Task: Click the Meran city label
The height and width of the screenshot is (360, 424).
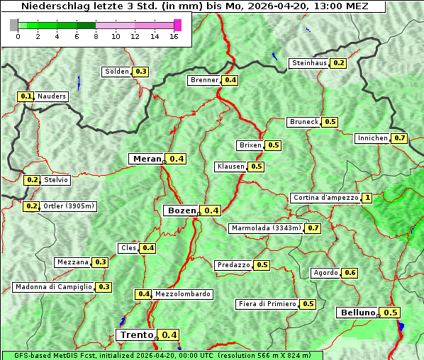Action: click(147, 159)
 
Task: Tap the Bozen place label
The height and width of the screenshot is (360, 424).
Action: click(182, 210)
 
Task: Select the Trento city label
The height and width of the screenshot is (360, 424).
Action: click(136, 335)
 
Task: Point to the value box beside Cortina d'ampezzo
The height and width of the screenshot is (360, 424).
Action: click(367, 198)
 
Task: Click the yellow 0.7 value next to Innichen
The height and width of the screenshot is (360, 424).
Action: click(400, 138)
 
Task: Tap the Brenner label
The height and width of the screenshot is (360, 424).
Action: click(205, 80)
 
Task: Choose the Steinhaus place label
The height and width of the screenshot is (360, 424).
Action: click(309, 63)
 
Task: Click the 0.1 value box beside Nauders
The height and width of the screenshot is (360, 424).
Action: click(26, 96)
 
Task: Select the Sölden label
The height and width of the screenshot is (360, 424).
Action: click(117, 72)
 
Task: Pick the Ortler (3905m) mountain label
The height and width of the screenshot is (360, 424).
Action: click(69, 206)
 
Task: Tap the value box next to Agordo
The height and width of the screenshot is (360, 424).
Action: click(350, 273)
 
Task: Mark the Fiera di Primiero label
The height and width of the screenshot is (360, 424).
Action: click(267, 304)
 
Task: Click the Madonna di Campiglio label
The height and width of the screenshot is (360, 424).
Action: click(53, 287)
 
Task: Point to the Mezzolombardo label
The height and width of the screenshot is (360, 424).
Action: click(182, 294)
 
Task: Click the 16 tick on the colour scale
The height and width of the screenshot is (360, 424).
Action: click(173, 36)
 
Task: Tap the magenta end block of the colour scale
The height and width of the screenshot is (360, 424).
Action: click(177, 25)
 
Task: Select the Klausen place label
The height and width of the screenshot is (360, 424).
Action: click(230, 167)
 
